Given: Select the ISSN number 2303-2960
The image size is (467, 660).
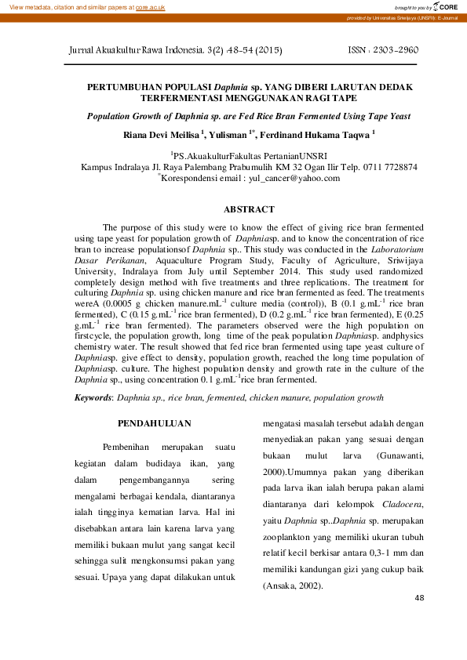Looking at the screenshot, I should coord(397,49).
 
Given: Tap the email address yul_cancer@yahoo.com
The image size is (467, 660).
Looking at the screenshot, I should coord(294,178).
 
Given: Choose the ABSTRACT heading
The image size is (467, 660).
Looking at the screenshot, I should coord(249,209).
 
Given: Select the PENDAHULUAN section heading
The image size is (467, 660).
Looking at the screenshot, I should coord(159,424).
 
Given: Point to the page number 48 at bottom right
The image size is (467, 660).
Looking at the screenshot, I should coord(419,598).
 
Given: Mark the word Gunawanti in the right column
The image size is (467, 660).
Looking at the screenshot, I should coord(400,455).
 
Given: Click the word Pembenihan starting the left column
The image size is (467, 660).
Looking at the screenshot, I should coord(130,446).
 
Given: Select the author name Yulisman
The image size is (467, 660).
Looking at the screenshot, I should coord(228,135).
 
